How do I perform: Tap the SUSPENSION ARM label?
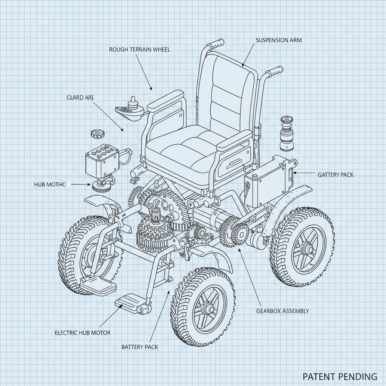(x=279, y=40)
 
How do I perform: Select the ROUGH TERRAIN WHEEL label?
(x=139, y=49)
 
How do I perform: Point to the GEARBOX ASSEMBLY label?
(x=282, y=311)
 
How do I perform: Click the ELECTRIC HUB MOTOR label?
(x=83, y=333)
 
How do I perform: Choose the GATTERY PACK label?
(x=335, y=175)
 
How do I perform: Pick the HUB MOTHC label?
(x=50, y=185)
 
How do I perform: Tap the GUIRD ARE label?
(x=80, y=97)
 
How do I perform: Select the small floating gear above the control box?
(x=97, y=133)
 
